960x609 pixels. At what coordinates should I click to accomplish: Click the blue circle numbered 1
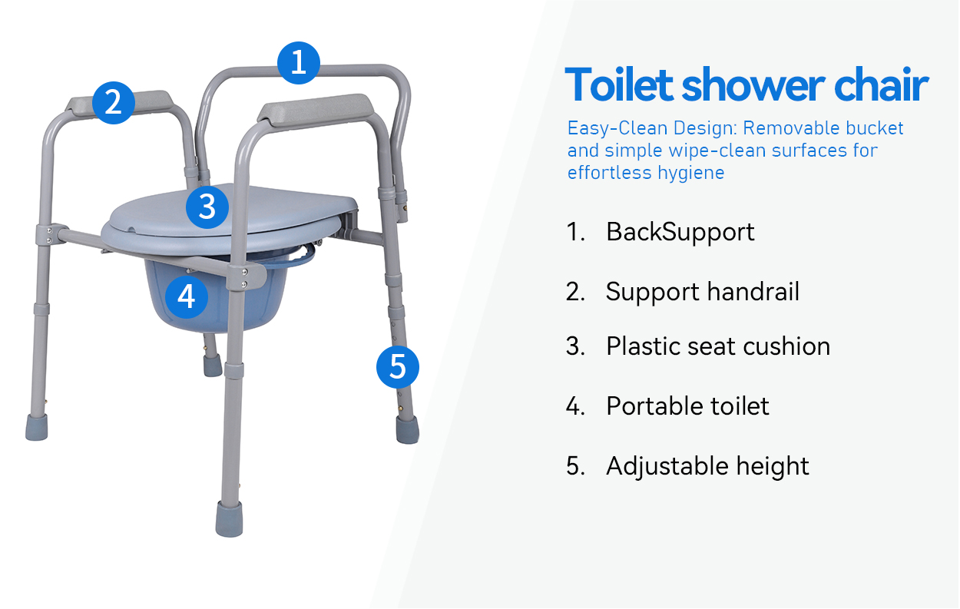point(299,63)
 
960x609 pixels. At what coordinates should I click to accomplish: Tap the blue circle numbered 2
point(114,103)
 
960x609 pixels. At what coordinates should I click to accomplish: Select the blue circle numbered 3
point(207,207)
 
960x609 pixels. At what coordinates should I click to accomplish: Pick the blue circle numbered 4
point(187,297)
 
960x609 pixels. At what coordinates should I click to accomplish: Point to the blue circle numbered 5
point(398,367)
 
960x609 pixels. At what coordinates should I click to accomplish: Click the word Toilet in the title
point(619,84)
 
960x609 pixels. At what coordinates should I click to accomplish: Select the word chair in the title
point(881,84)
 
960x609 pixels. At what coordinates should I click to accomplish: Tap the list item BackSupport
point(680,232)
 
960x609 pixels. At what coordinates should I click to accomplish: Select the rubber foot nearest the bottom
point(230,519)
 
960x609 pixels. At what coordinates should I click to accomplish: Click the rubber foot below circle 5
point(407,429)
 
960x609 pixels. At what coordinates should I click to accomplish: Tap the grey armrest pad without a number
point(316,109)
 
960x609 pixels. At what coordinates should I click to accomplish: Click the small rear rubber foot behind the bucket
point(213,366)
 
